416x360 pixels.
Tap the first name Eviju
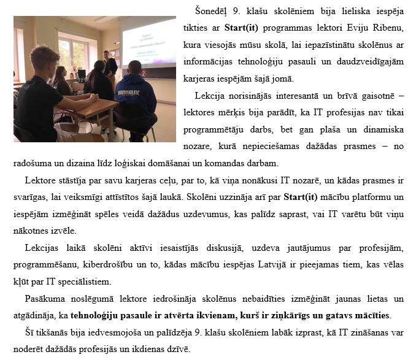coord(360,28)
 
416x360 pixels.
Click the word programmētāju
coord(212,129)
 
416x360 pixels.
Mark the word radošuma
coord(33,163)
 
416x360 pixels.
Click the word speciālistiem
coord(81,281)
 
